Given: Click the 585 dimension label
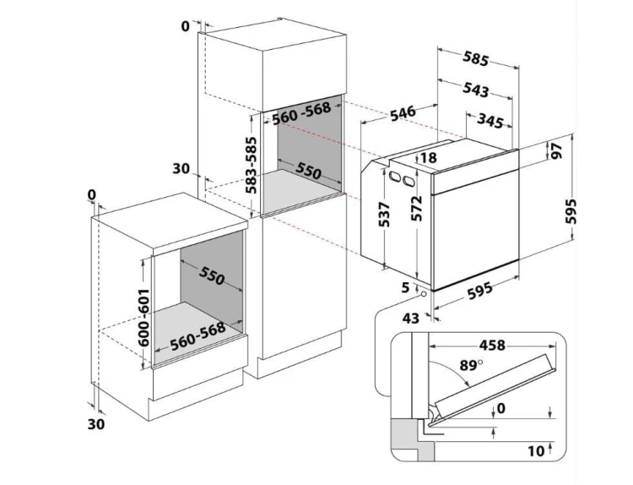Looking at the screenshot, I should tap(476, 59).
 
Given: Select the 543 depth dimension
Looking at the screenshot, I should tap(476, 89).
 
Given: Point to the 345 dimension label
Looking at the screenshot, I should tap(490, 120).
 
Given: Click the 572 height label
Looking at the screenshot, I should tap(417, 208).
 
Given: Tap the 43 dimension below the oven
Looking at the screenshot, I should tap(411, 318).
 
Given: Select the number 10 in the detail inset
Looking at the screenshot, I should tap(535, 451).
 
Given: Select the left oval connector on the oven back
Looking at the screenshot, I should tap(395, 176).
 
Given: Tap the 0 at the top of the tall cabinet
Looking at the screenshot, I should tap(186, 25).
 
